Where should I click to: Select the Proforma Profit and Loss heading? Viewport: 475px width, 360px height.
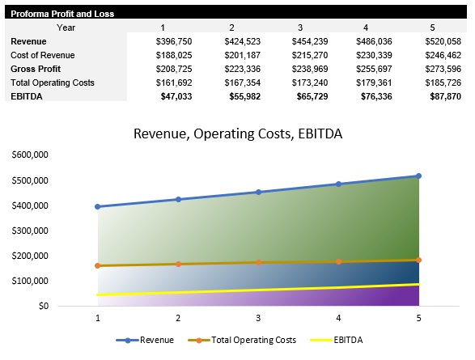point(62,14)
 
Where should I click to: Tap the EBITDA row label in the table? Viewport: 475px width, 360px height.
point(27,95)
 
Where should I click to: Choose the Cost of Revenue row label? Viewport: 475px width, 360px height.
point(41,54)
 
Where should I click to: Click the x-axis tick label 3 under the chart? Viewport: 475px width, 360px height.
point(258,319)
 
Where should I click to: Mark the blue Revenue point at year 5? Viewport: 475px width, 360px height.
point(418,176)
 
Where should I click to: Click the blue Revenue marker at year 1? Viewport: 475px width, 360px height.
point(98,206)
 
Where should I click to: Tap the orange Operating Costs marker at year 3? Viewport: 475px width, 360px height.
point(258,262)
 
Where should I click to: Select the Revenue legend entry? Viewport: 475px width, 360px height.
point(151,341)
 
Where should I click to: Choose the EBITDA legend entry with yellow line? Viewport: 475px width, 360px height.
point(336,341)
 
